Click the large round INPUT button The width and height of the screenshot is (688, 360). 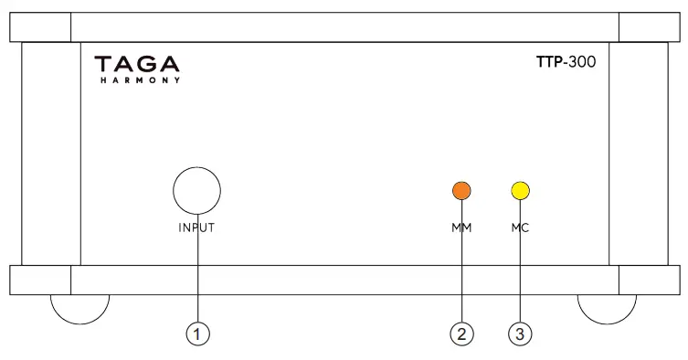click(196, 191)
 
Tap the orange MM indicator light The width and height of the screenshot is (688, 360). click(462, 191)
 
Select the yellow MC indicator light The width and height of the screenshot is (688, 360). click(521, 191)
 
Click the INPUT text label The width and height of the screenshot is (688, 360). click(196, 228)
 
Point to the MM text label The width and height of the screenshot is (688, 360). click(462, 228)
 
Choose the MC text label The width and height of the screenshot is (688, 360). click(521, 228)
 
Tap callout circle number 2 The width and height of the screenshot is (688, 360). click(462, 334)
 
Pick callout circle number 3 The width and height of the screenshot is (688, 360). click(521, 334)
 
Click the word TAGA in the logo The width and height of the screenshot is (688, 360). click(138, 65)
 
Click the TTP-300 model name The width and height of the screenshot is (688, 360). click(566, 65)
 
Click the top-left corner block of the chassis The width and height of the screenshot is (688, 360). click(39, 28)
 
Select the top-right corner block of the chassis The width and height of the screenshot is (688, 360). click(648, 28)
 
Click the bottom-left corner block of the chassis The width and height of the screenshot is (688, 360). click(39, 280)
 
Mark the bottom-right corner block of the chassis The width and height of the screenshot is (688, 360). click(648, 280)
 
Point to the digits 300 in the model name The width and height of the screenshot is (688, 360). click(581, 65)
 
